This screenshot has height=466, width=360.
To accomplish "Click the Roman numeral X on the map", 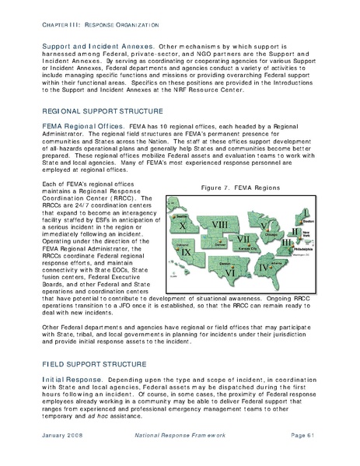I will click(184, 225).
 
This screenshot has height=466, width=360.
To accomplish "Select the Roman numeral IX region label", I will click(186, 252).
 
